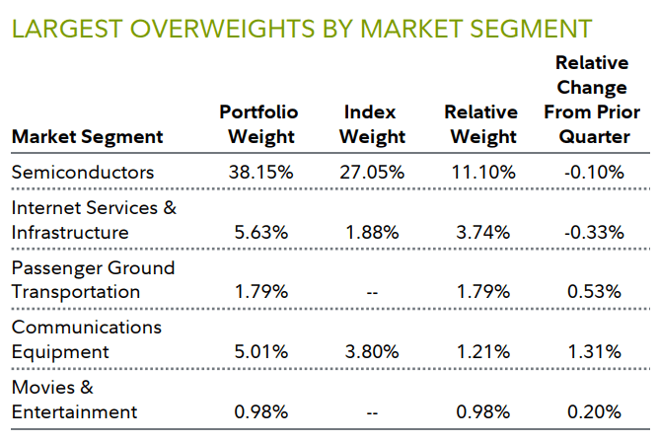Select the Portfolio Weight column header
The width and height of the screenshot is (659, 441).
[258, 124]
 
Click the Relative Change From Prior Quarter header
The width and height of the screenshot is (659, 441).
[592, 100]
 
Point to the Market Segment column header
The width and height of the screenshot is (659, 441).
[87, 137]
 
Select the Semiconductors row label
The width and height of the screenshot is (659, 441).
[83, 172]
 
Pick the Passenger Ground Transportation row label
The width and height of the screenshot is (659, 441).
[93, 279]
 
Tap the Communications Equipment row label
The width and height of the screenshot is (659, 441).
[86, 338]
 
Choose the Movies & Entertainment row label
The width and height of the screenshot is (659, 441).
[74, 399]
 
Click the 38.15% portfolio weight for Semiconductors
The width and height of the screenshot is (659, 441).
[258, 172]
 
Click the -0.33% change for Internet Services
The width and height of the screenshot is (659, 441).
[593, 233]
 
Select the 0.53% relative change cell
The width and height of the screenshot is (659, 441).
[593, 292]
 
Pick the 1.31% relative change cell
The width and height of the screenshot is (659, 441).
[593, 351]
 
